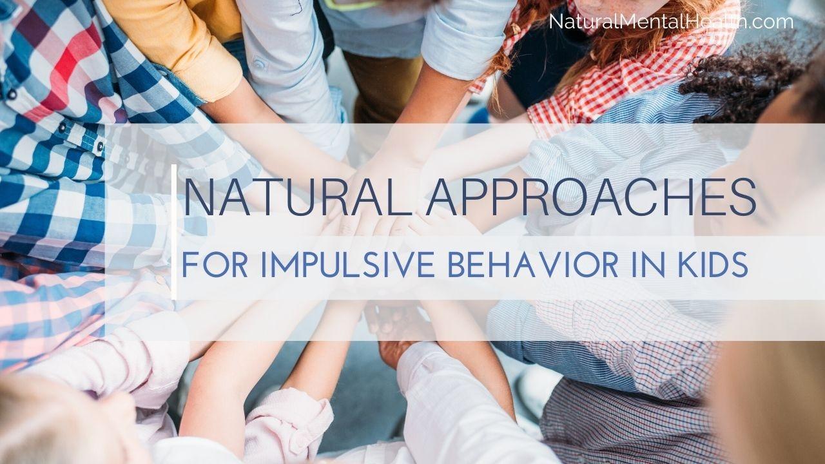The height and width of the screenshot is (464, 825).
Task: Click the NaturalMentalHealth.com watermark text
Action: [671, 22]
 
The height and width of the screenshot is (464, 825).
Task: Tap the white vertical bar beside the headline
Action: [174, 232]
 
